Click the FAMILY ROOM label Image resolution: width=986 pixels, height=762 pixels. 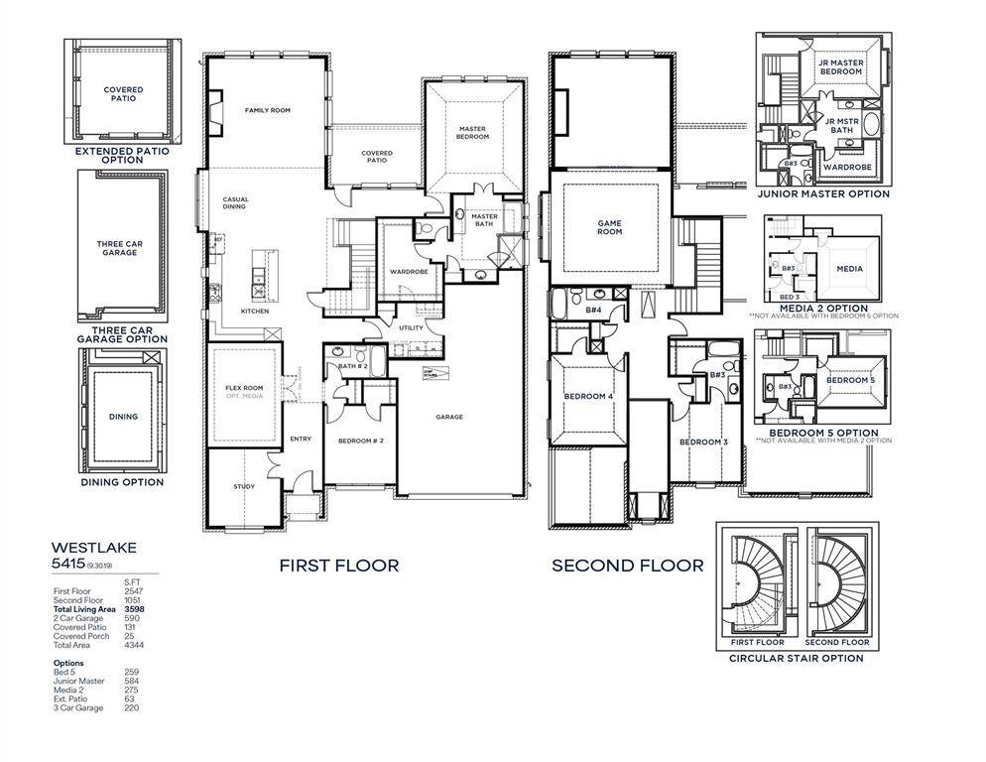[267, 110]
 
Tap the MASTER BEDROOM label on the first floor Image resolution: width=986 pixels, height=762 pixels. [473, 132]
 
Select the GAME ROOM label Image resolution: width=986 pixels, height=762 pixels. [609, 227]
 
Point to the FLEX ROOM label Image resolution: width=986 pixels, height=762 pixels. [243, 388]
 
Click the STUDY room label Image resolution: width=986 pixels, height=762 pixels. [244, 486]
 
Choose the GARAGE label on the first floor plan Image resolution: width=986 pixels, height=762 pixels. [449, 417]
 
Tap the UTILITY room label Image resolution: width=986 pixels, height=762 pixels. [411, 328]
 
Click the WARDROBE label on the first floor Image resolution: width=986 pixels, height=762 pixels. [408, 271]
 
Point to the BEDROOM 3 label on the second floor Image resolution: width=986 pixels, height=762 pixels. [703, 442]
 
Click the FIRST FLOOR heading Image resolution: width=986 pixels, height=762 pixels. [338, 566]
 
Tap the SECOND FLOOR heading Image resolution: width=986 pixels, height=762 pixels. [628, 566]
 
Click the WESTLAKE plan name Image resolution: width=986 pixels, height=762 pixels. [94, 547]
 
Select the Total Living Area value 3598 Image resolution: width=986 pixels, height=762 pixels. [133, 609]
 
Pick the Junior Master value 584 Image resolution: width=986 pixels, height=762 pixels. [131, 681]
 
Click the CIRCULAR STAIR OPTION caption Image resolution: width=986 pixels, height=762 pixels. [796, 658]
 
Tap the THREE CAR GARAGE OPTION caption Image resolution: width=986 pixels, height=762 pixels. [122, 333]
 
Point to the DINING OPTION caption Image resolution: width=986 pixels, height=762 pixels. [122, 482]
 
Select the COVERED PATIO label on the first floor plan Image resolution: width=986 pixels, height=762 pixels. [376, 157]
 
